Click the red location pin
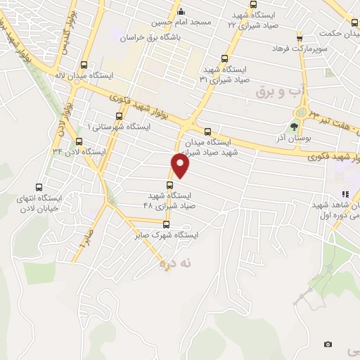pos(181,166)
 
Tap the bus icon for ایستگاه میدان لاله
pos(84,64)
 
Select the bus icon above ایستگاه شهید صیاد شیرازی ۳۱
pos(224,59)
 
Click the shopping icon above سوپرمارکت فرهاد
pos(300,38)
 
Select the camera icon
pos(328,344)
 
